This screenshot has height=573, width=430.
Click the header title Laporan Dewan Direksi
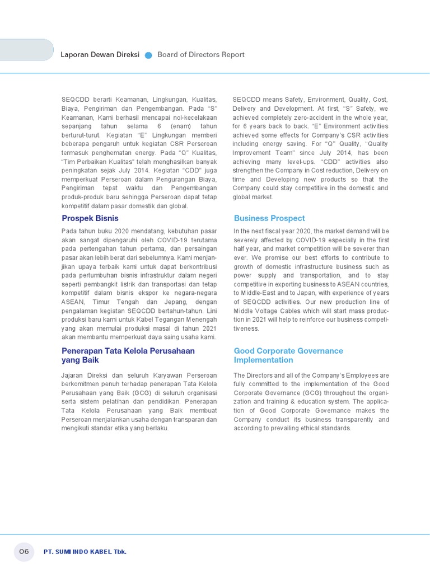click(100, 55)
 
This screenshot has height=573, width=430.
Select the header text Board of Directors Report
click(201, 55)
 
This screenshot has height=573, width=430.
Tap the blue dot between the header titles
click(148, 55)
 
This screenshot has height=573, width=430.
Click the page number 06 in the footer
click(24, 552)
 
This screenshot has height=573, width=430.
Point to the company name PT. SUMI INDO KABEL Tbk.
click(85, 552)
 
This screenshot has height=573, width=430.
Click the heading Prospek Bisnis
click(90, 218)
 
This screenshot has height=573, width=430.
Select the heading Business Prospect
click(269, 218)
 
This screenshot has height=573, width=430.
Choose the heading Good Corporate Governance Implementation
click(288, 355)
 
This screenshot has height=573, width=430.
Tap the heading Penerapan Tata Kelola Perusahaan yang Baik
click(128, 355)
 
